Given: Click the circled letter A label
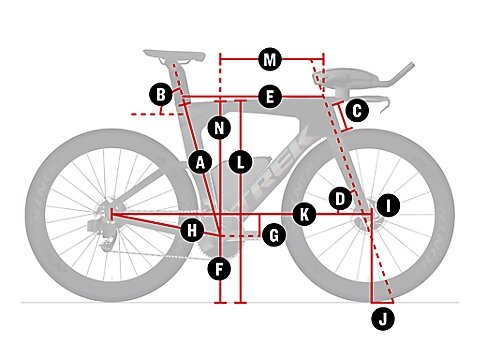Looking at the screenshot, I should pos(200,160).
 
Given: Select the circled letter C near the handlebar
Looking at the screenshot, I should pos(357,110).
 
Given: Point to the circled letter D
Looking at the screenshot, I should pos(340,198).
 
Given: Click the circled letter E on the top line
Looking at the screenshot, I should pos(268,96).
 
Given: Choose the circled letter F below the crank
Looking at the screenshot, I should pos(220,268).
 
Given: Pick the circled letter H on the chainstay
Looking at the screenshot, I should pos(192,231).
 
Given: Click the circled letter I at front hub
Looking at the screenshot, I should pos(388,207).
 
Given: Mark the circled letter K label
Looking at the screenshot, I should pos(305,213).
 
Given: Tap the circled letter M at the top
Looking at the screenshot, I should pos(268,59).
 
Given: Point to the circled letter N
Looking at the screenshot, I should pos(220,127).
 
